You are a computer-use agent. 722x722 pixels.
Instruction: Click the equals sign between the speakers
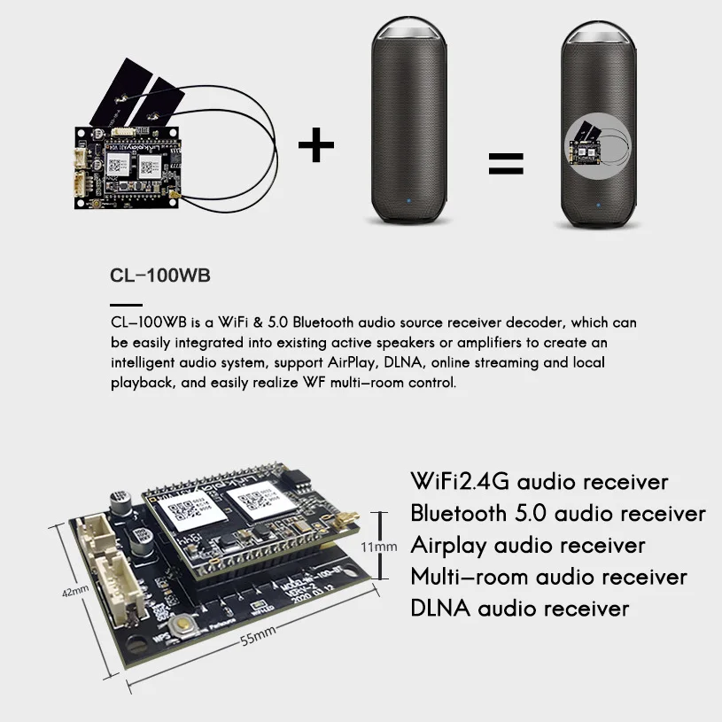point(506,163)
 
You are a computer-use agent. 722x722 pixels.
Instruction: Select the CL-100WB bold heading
point(160,276)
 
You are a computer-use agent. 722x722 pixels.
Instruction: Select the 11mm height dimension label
point(379,547)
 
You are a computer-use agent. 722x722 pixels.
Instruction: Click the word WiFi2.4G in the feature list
point(461,482)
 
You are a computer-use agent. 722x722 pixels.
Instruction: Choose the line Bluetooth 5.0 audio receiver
point(558,514)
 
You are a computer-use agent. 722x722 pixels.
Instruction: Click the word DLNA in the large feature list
point(440,609)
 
